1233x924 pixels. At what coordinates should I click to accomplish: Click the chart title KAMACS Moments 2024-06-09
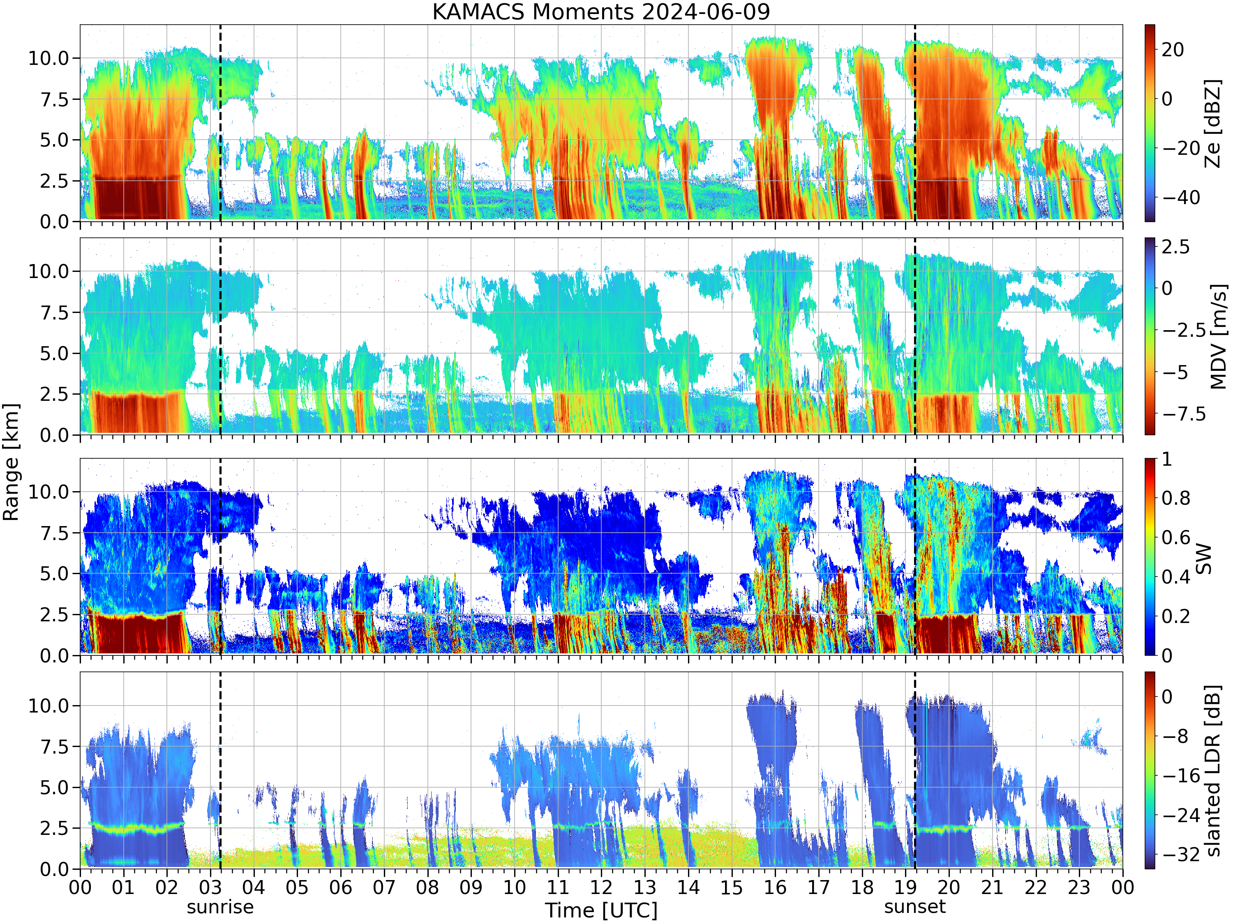click(x=601, y=11)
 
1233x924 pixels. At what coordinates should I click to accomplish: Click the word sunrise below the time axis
click(x=220, y=907)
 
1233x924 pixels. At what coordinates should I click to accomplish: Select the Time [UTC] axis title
click(x=601, y=910)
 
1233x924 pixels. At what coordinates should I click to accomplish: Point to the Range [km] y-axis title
click(x=11, y=462)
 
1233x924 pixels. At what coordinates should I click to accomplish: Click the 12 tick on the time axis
click(x=601, y=887)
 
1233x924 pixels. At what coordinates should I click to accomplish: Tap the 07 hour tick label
click(x=383, y=887)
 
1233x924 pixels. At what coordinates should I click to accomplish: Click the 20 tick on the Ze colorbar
click(x=1173, y=50)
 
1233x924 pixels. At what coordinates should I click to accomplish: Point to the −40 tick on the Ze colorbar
click(x=1181, y=197)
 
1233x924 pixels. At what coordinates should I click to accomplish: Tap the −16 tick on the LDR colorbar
click(x=1181, y=775)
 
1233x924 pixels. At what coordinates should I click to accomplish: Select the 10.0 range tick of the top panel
click(x=49, y=58)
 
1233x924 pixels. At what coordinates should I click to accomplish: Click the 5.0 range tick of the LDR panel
click(x=55, y=788)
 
